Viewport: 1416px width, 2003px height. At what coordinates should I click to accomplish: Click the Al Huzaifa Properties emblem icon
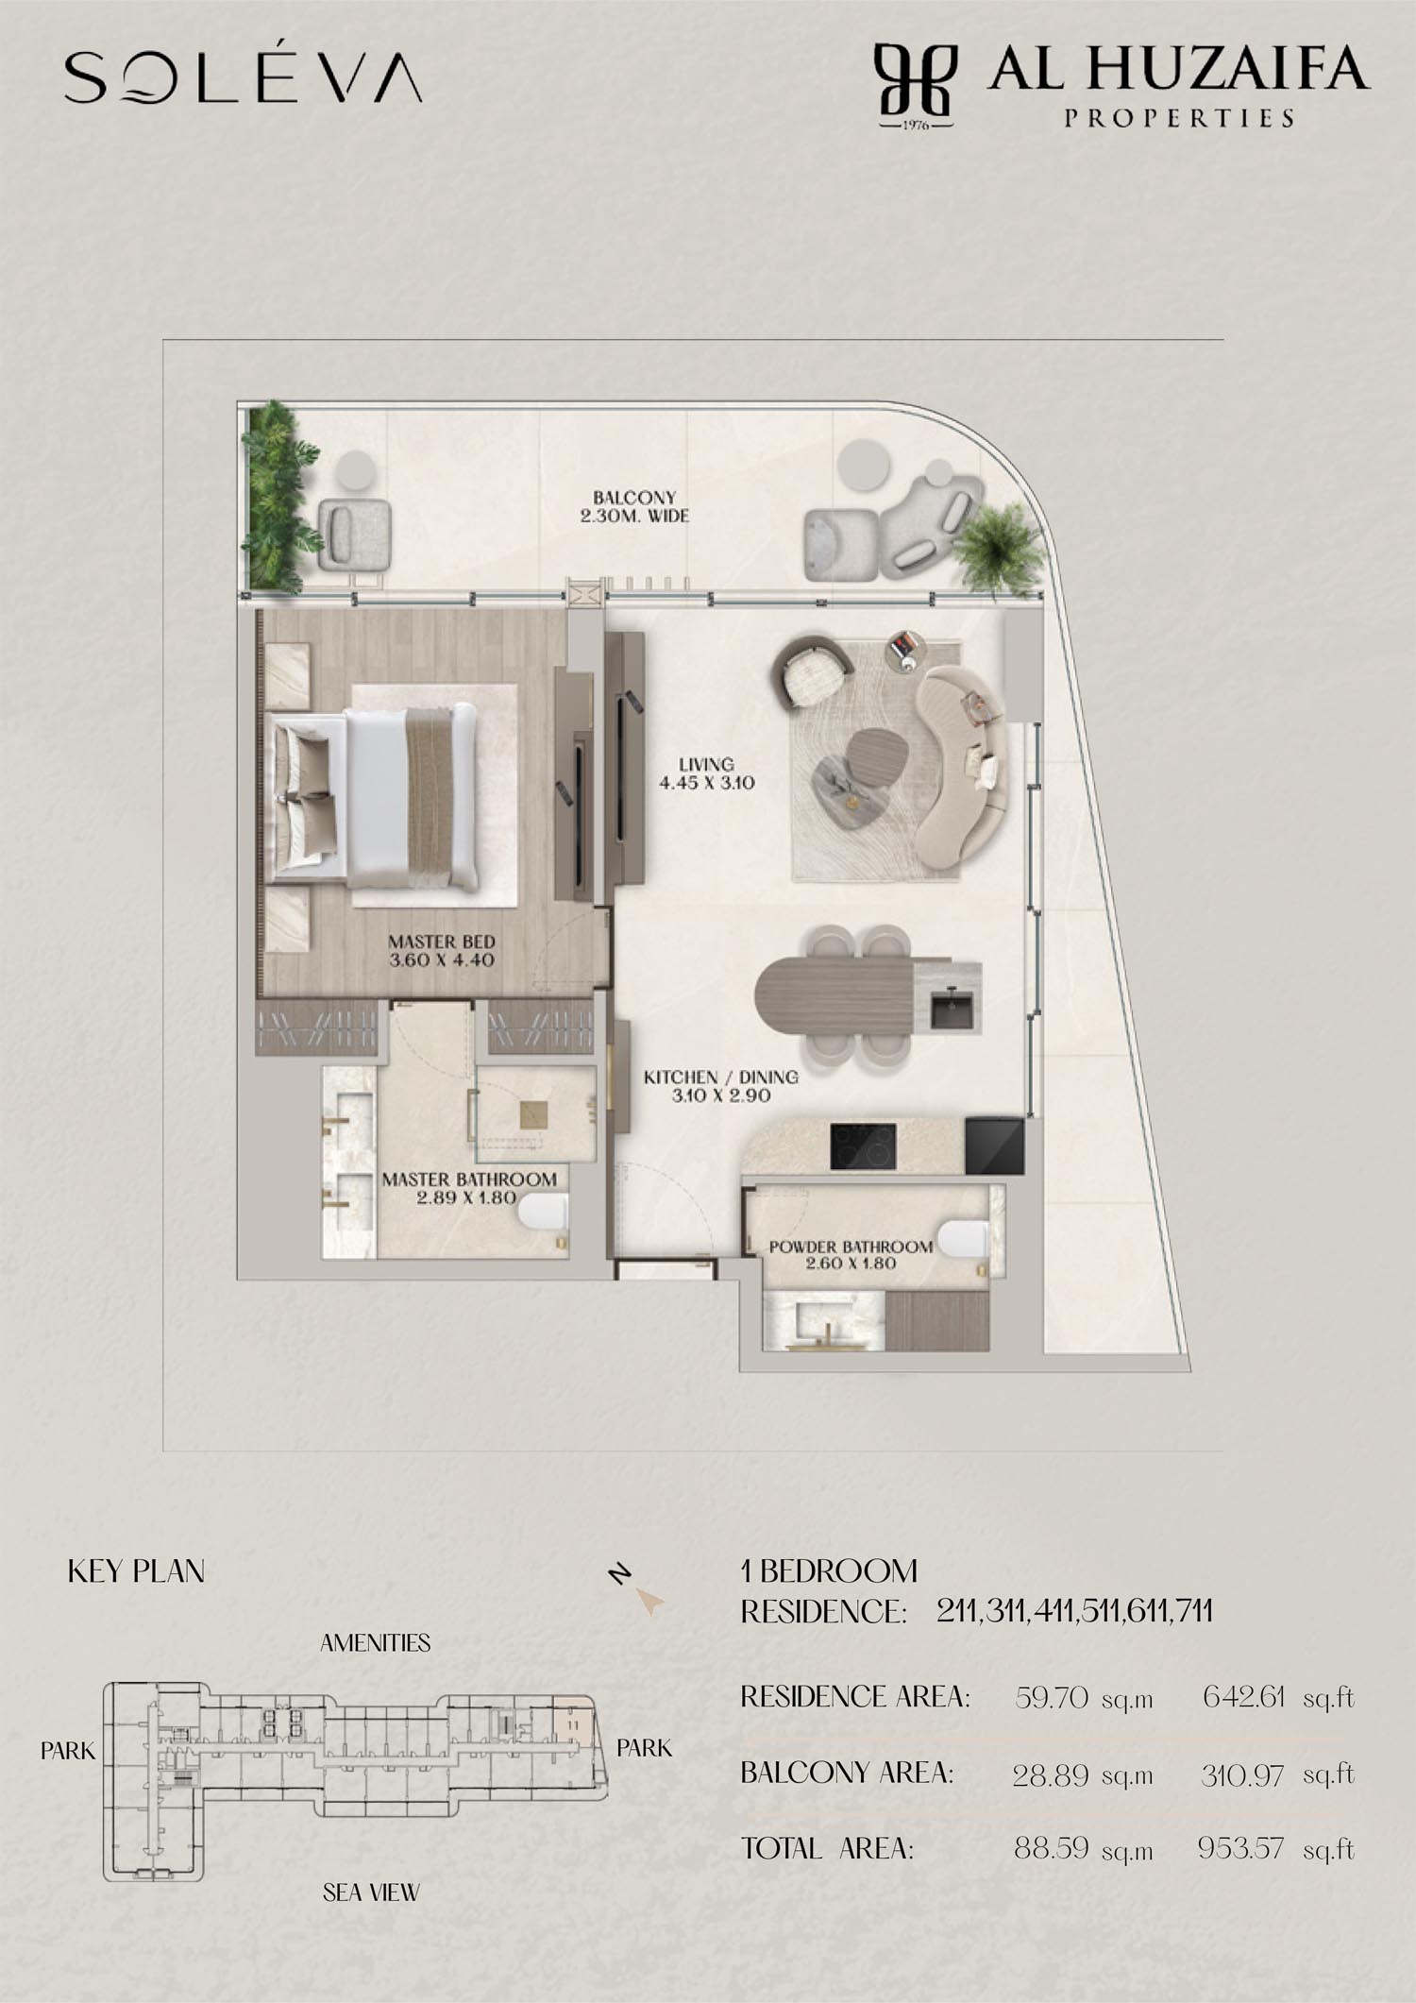coord(915,85)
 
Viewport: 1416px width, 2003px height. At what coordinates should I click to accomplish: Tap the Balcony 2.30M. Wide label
coord(634,506)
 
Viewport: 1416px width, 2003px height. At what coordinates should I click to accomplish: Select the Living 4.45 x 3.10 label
coord(706,772)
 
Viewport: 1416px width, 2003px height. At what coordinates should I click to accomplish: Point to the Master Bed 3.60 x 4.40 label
coord(442,950)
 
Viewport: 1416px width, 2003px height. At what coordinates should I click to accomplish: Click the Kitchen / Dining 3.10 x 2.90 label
coord(721,1086)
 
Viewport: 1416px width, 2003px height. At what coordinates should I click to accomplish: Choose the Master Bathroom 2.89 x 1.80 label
coord(469,1188)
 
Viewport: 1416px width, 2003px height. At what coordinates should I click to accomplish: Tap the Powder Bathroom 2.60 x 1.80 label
coord(851,1254)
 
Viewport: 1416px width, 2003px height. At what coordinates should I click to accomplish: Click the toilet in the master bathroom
coord(545,1212)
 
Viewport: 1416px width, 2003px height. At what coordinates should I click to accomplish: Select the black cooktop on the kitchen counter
coord(863,1146)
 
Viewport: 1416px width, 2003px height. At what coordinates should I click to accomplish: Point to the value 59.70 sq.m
coord(1084,1698)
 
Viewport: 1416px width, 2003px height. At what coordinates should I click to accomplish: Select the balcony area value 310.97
coord(1242,1775)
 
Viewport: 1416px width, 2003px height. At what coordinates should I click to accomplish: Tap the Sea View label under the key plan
coord(371,1893)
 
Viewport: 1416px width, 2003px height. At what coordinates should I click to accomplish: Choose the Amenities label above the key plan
coord(375,1643)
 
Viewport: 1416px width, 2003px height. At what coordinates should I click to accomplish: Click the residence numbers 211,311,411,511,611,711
coord(1074,1610)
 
